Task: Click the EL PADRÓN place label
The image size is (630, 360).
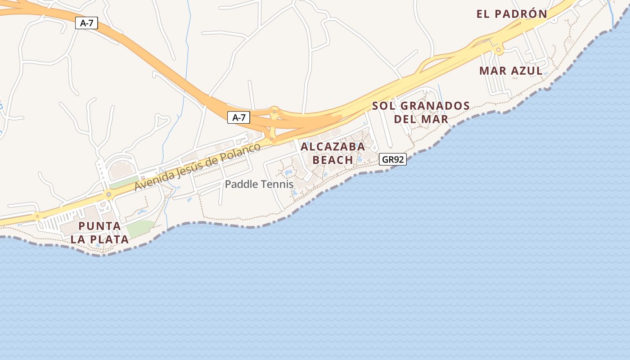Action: (512, 14)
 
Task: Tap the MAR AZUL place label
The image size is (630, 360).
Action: (511, 71)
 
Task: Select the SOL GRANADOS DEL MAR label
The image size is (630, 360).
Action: (421, 112)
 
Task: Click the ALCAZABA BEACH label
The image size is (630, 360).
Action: (333, 153)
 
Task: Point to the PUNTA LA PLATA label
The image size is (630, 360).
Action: (99, 233)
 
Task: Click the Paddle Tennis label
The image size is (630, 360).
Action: (259, 184)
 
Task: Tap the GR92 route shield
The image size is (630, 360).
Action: (392, 159)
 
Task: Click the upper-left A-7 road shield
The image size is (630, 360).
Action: (86, 23)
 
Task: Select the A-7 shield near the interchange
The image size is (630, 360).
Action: (238, 118)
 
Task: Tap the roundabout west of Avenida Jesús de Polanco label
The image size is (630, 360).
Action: (108, 194)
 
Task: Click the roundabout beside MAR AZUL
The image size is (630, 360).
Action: (498, 49)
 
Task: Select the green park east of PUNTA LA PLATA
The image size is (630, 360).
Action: (139, 229)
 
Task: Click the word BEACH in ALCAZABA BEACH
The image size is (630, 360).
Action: (333, 160)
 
